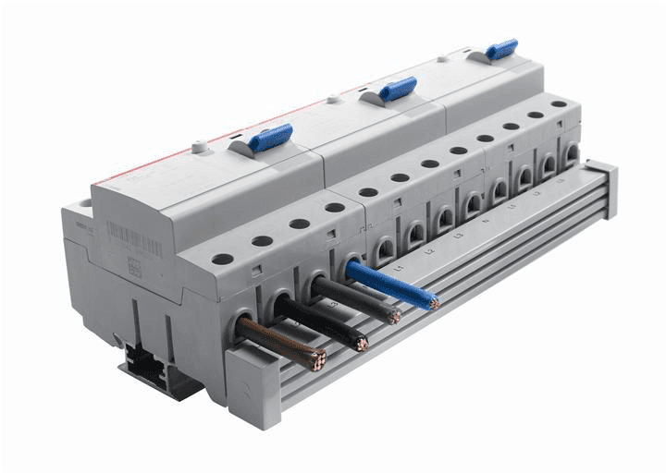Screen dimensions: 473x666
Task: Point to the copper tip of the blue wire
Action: [433, 301]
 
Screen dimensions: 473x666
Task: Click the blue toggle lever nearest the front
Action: [269, 138]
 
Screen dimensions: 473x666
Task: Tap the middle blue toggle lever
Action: [397, 89]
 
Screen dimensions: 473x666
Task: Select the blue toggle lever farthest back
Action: [501, 49]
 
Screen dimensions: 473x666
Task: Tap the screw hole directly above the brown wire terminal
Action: [223, 259]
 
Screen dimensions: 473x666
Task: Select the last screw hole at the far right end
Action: [559, 104]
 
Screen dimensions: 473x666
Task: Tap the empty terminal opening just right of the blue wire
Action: [383, 248]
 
